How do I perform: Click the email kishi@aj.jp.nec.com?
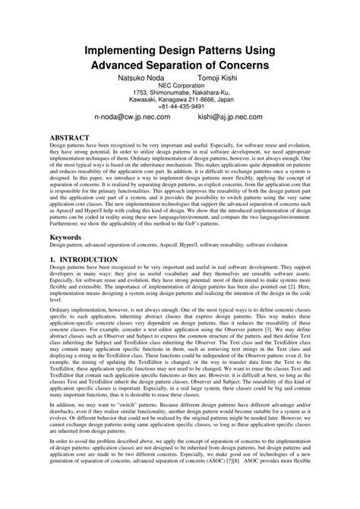(230, 118)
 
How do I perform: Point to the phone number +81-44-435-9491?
(180, 107)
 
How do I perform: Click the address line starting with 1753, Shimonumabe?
(180, 93)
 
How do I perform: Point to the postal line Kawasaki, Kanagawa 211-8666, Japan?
(180, 100)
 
